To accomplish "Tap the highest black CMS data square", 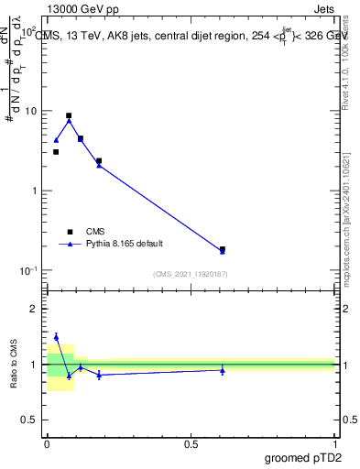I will (69, 116).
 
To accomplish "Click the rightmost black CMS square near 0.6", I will (223, 249).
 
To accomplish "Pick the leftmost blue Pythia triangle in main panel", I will (56, 141).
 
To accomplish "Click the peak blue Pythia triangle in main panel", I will (69, 121).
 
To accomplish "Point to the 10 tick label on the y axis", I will (30, 111).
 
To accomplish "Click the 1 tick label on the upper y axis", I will (34, 191).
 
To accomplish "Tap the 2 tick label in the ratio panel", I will (34, 309).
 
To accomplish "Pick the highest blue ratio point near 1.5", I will (56, 337).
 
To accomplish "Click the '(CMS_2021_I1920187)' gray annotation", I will (191, 273).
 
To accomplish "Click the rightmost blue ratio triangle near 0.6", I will (223, 370).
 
